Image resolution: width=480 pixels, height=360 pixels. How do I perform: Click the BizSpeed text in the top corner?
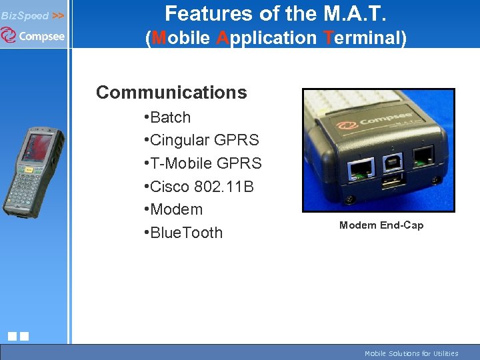[25, 15]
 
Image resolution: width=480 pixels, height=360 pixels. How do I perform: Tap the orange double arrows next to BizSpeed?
[58, 15]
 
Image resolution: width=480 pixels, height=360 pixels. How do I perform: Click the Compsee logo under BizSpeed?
[33, 35]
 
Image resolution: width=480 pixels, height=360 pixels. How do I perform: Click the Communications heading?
[171, 92]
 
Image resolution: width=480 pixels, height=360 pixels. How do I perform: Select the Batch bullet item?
[170, 117]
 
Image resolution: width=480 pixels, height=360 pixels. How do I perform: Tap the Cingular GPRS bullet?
[204, 140]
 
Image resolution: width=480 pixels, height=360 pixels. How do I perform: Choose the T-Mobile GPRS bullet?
[205, 163]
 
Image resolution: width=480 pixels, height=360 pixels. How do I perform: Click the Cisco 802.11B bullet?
[201, 187]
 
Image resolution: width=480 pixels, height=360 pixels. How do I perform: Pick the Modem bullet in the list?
[176, 209]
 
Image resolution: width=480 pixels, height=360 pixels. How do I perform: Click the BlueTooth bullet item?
[186, 233]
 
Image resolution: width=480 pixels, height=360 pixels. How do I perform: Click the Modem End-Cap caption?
[381, 225]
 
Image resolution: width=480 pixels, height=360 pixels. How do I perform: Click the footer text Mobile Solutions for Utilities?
[411, 353]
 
